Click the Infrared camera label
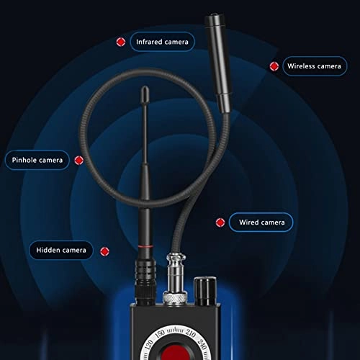click(x=162, y=42)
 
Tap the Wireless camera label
click(x=314, y=66)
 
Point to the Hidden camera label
click(x=61, y=251)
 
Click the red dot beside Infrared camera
click(x=120, y=42)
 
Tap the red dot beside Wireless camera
click(x=274, y=66)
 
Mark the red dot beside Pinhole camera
click(x=79, y=159)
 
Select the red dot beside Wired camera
click(x=220, y=222)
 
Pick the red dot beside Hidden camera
click(x=104, y=251)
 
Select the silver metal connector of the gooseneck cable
click(x=174, y=277)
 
